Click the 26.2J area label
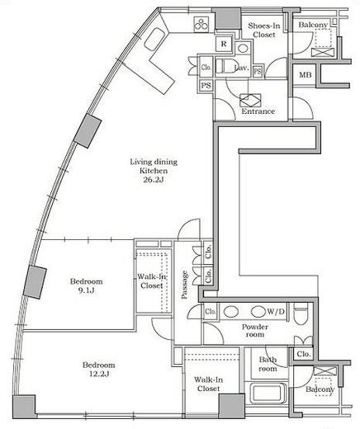pyautogui.click(x=154, y=180)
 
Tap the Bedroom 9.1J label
pyautogui.click(x=86, y=285)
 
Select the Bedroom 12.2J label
pyautogui.click(x=99, y=370)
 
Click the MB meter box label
pyautogui.click(x=306, y=74)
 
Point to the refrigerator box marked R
pyautogui.click(x=224, y=44)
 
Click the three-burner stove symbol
pyautogui.click(x=201, y=24)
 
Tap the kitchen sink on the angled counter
pyautogui.click(x=154, y=39)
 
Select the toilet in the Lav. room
pyautogui.click(x=225, y=66)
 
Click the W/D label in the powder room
pyautogui.click(x=276, y=312)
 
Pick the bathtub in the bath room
pyautogui.click(x=267, y=393)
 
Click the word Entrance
pyautogui.click(x=258, y=111)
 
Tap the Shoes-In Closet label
pyautogui.click(x=264, y=30)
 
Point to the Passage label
pyautogui.click(x=184, y=285)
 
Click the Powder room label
pyautogui.click(x=255, y=331)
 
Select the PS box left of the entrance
pyautogui.click(x=206, y=86)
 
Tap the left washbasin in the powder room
pyautogui.click(x=231, y=312)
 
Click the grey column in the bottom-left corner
pyautogui.click(x=24, y=407)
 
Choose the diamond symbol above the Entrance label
pyautogui.click(x=250, y=101)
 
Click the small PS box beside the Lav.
pyautogui.click(x=258, y=72)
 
